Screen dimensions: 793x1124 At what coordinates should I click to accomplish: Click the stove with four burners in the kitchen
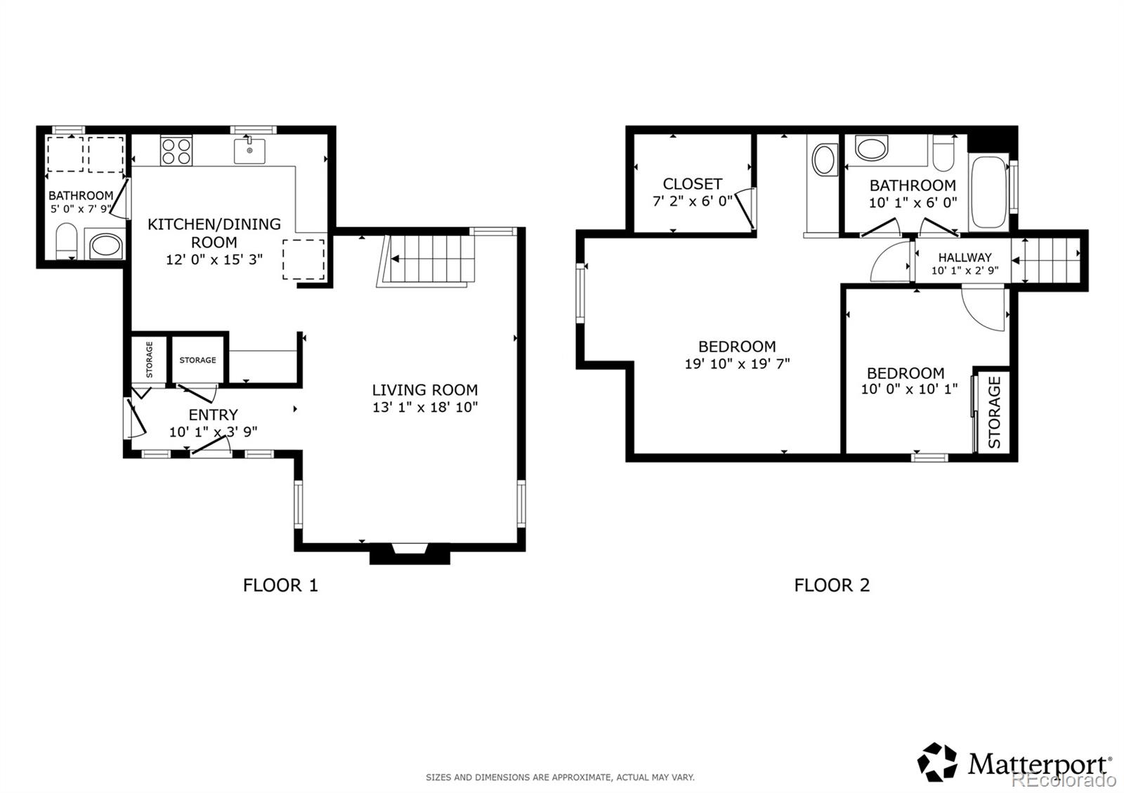[176, 150]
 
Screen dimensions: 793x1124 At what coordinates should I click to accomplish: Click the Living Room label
[424, 390]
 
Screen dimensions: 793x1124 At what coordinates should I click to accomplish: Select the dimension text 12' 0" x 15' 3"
[214, 260]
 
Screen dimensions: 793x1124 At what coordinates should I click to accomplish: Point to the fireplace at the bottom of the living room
[410, 553]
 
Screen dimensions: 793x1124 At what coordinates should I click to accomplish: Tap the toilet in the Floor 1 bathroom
[66, 241]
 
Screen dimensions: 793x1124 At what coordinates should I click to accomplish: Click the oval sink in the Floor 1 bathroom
[106, 246]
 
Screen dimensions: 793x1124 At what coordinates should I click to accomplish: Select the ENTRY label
[213, 415]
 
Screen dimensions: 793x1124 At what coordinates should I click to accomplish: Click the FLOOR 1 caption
[280, 585]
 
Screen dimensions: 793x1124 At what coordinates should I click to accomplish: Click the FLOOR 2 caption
[832, 585]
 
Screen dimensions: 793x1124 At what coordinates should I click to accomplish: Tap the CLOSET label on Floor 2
[692, 184]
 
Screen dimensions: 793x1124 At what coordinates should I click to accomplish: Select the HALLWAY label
[965, 258]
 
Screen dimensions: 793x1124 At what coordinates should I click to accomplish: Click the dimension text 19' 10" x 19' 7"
[737, 364]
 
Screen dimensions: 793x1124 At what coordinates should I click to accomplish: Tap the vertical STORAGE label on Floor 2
[994, 413]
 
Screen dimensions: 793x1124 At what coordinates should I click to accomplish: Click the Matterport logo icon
[937, 762]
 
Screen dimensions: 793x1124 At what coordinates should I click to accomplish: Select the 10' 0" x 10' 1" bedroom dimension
[909, 389]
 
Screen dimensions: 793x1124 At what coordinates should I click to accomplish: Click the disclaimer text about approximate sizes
[560, 777]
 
